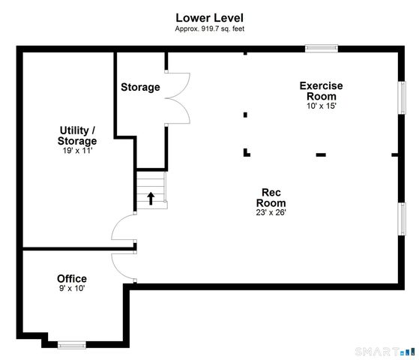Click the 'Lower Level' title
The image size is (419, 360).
(x=210, y=16)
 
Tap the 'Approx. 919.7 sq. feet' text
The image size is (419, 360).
(x=210, y=28)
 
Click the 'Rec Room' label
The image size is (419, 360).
(x=271, y=196)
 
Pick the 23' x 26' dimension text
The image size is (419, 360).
(x=271, y=212)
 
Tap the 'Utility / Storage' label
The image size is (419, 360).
(x=77, y=135)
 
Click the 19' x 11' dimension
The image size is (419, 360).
(x=77, y=151)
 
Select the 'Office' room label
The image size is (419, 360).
(x=72, y=278)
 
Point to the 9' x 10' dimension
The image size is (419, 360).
(x=72, y=289)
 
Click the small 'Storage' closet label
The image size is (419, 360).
(x=140, y=87)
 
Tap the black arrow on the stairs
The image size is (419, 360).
(x=151, y=198)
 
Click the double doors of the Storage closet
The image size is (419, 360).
(x=178, y=97)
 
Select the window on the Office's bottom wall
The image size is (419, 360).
(x=72, y=345)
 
